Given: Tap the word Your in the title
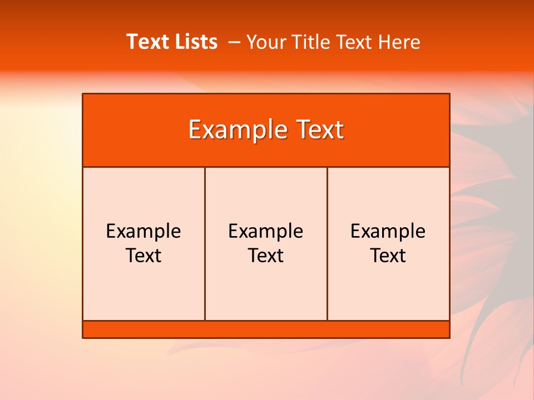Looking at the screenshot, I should pyautogui.click(x=265, y=42).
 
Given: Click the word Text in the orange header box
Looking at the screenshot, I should pyautogui.click(x=318, y=130).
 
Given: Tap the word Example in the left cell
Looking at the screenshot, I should pyautogui.click(x=144, y=231).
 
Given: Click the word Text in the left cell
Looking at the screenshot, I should pyautogui.click(x=144, y=256).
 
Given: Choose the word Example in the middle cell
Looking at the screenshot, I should pyautogui.click(x=266, y=231).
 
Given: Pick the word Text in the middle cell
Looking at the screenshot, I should pyautogui.click(x=266, y=256).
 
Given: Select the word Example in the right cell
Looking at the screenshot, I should pyautogui.click(x=388, y=231).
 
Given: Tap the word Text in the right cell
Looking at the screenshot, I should pyautogui.click(x=388, y=256).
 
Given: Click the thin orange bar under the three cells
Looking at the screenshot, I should pyautogui.click(x=266, y=329).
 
